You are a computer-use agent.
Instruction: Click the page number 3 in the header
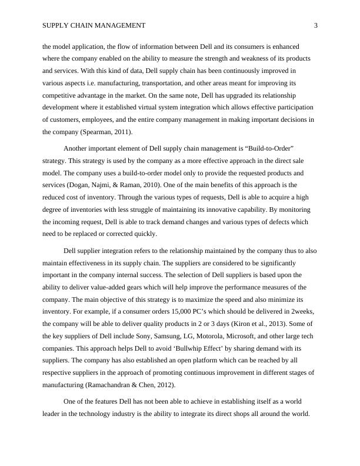pyautogui.click(x=316, y=25)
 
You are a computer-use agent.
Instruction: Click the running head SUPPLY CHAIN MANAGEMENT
pyautogui.click(x=94, y=25)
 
